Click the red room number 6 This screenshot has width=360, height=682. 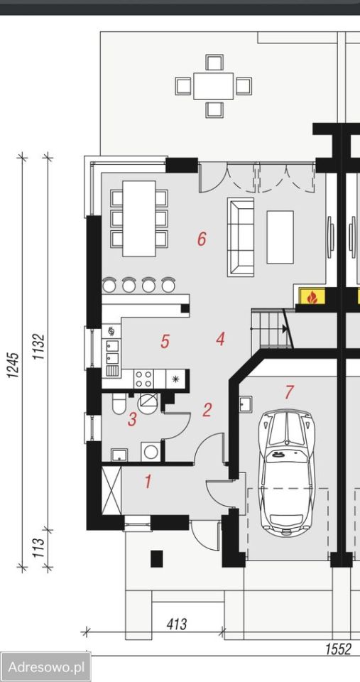pos(202,239)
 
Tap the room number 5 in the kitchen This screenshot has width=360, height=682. pos(165,342)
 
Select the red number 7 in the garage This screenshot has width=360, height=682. pos(290,392)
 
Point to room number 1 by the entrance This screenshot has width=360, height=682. pos(148,482)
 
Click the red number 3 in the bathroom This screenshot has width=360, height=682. pos(132,420)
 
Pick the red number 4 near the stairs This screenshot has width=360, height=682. pos(220,340)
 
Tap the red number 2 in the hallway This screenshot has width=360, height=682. pos(207,410)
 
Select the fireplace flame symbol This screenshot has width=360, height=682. pos(311,298)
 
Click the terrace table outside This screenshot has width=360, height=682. pos(214,86)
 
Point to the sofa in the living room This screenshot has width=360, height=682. pos(241,237)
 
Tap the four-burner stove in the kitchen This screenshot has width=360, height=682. pos(143,379)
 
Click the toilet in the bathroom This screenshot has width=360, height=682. pos(119,404)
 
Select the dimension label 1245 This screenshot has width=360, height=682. pos(13,364)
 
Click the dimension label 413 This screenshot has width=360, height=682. pos(177,624)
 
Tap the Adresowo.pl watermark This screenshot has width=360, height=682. pos(45,667)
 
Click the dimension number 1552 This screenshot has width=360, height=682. pos(338,649)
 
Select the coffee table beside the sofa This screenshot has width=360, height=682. pos(280,237)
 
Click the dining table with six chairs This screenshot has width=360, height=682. pos(139,219)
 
